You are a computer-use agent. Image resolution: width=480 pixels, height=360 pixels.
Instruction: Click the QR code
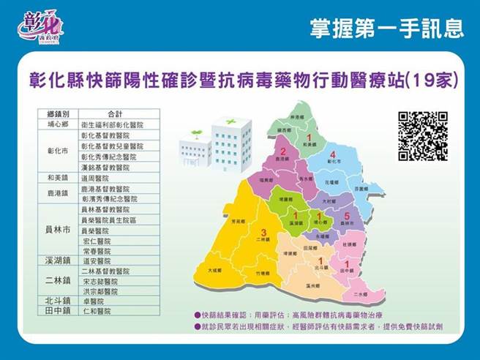422,136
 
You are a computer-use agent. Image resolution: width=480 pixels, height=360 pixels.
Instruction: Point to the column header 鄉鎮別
59,114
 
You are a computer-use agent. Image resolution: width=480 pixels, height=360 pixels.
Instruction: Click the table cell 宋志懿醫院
100,280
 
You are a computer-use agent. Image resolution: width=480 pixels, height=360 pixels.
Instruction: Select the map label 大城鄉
214,270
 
